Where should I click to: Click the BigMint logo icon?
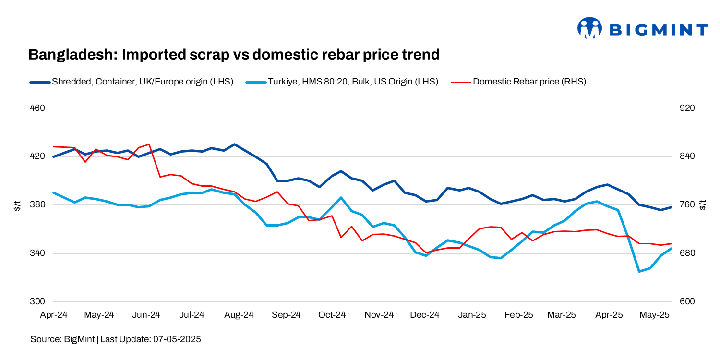point(589,28)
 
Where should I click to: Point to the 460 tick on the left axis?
point(38,108)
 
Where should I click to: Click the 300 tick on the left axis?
point(38,302)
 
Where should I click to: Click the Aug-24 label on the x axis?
point(239,315)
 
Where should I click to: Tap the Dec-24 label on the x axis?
point(425,315)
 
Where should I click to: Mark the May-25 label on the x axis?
point(655,315)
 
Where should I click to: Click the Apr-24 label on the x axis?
point(53,315)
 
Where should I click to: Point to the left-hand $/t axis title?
point(17,205)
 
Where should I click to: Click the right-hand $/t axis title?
point(704,205)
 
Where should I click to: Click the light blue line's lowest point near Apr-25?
point(639,271)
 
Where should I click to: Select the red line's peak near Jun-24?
point(149,144)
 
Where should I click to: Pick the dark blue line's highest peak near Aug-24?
point(234,144)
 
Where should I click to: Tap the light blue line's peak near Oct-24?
point(341,197)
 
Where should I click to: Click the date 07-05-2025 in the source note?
point(177,339)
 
